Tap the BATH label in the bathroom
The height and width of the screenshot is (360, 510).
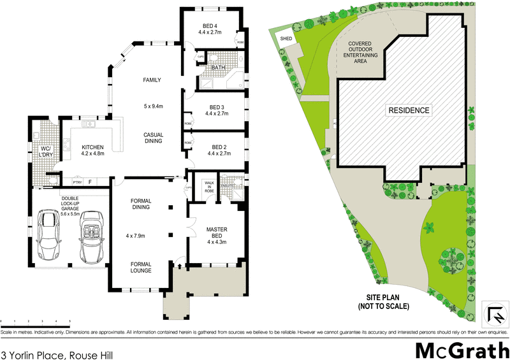[218, 67]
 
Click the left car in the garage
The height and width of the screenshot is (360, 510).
[50, 236]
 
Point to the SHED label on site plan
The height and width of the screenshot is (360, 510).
[284, 38]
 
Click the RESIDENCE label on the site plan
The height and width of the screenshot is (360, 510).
[409, 110]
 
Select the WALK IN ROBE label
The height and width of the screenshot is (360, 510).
[208, 185]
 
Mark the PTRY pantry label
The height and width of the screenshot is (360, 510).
[77, 182]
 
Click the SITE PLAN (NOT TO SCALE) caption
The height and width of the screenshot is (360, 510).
[388, 302]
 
